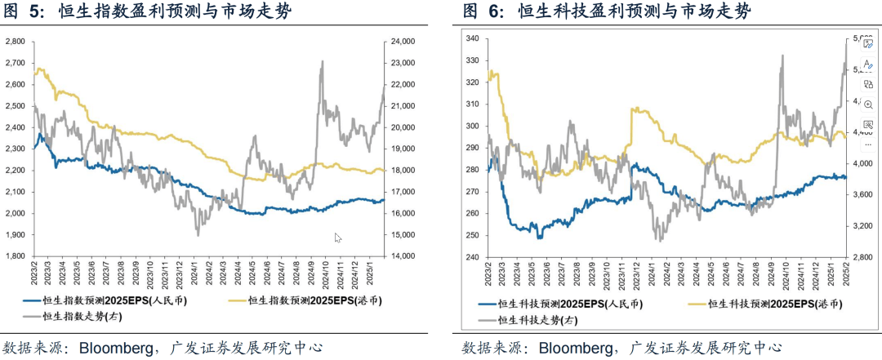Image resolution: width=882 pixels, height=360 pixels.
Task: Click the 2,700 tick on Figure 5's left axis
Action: click(16, 63)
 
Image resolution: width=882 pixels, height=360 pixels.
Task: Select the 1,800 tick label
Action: click(16, 256)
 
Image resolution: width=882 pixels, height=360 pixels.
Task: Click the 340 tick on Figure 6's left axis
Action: click(472, 38)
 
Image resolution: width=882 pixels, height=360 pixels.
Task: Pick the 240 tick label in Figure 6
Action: click(472, 256)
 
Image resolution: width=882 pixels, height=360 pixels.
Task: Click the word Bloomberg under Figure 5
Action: click(115, 348)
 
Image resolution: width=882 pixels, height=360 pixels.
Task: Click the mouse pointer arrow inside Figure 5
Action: click(337, 238)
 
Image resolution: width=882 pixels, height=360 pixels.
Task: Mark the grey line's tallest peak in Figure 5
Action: click(323, 61)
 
